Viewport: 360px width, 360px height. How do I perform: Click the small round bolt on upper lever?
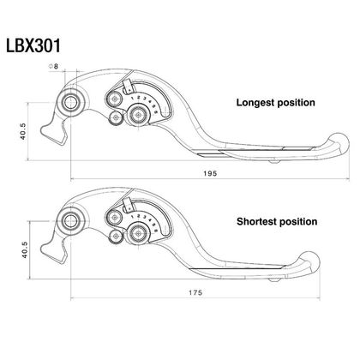[114, 117]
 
